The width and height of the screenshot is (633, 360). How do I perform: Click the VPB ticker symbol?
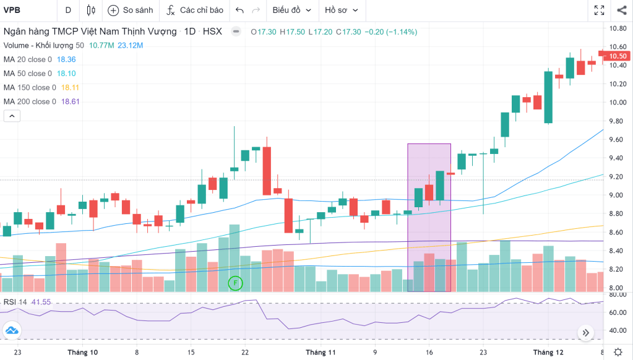[x=12, y=10]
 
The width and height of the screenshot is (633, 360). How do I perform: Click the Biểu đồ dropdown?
[x=291, y=10]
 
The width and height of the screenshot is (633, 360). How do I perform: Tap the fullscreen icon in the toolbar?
[x=599, y=10]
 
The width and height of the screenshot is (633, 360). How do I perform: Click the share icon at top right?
[x=621, y=10]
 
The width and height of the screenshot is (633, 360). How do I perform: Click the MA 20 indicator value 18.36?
[x=66, y=59]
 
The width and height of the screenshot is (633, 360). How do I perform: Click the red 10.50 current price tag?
[x=618, y=56]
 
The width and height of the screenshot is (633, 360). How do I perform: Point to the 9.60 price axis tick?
[x=616, y=140]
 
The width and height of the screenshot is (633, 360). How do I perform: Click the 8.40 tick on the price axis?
[x=616, y=251]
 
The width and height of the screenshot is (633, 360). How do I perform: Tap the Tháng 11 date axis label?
[x=321, y=353]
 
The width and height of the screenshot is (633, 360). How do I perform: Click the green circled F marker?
[x=235, y=283]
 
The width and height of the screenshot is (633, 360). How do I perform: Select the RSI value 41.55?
[x=42, y=302]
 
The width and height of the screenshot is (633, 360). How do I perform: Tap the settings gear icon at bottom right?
[x=618, y=352]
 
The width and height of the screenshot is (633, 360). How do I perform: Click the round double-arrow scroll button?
[x=585, y=333]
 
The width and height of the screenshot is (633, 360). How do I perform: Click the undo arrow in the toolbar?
[x=240, y=10]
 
